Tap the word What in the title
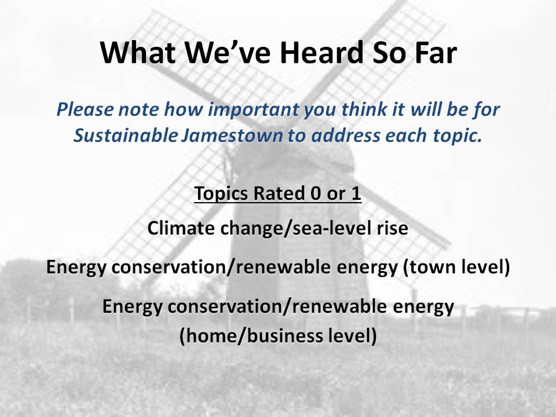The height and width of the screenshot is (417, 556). [138, 52]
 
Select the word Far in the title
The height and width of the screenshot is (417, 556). [431, 52]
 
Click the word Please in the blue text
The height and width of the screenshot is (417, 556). [85, 109]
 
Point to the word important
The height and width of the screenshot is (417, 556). [254, 109]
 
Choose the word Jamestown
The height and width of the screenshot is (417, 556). [232, 136]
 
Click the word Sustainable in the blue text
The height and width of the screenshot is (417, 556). [126, 136]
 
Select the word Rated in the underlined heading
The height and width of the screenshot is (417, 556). [279, 193]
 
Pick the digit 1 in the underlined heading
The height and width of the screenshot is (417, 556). [356, 193]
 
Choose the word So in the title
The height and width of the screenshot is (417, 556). [385, 52]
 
